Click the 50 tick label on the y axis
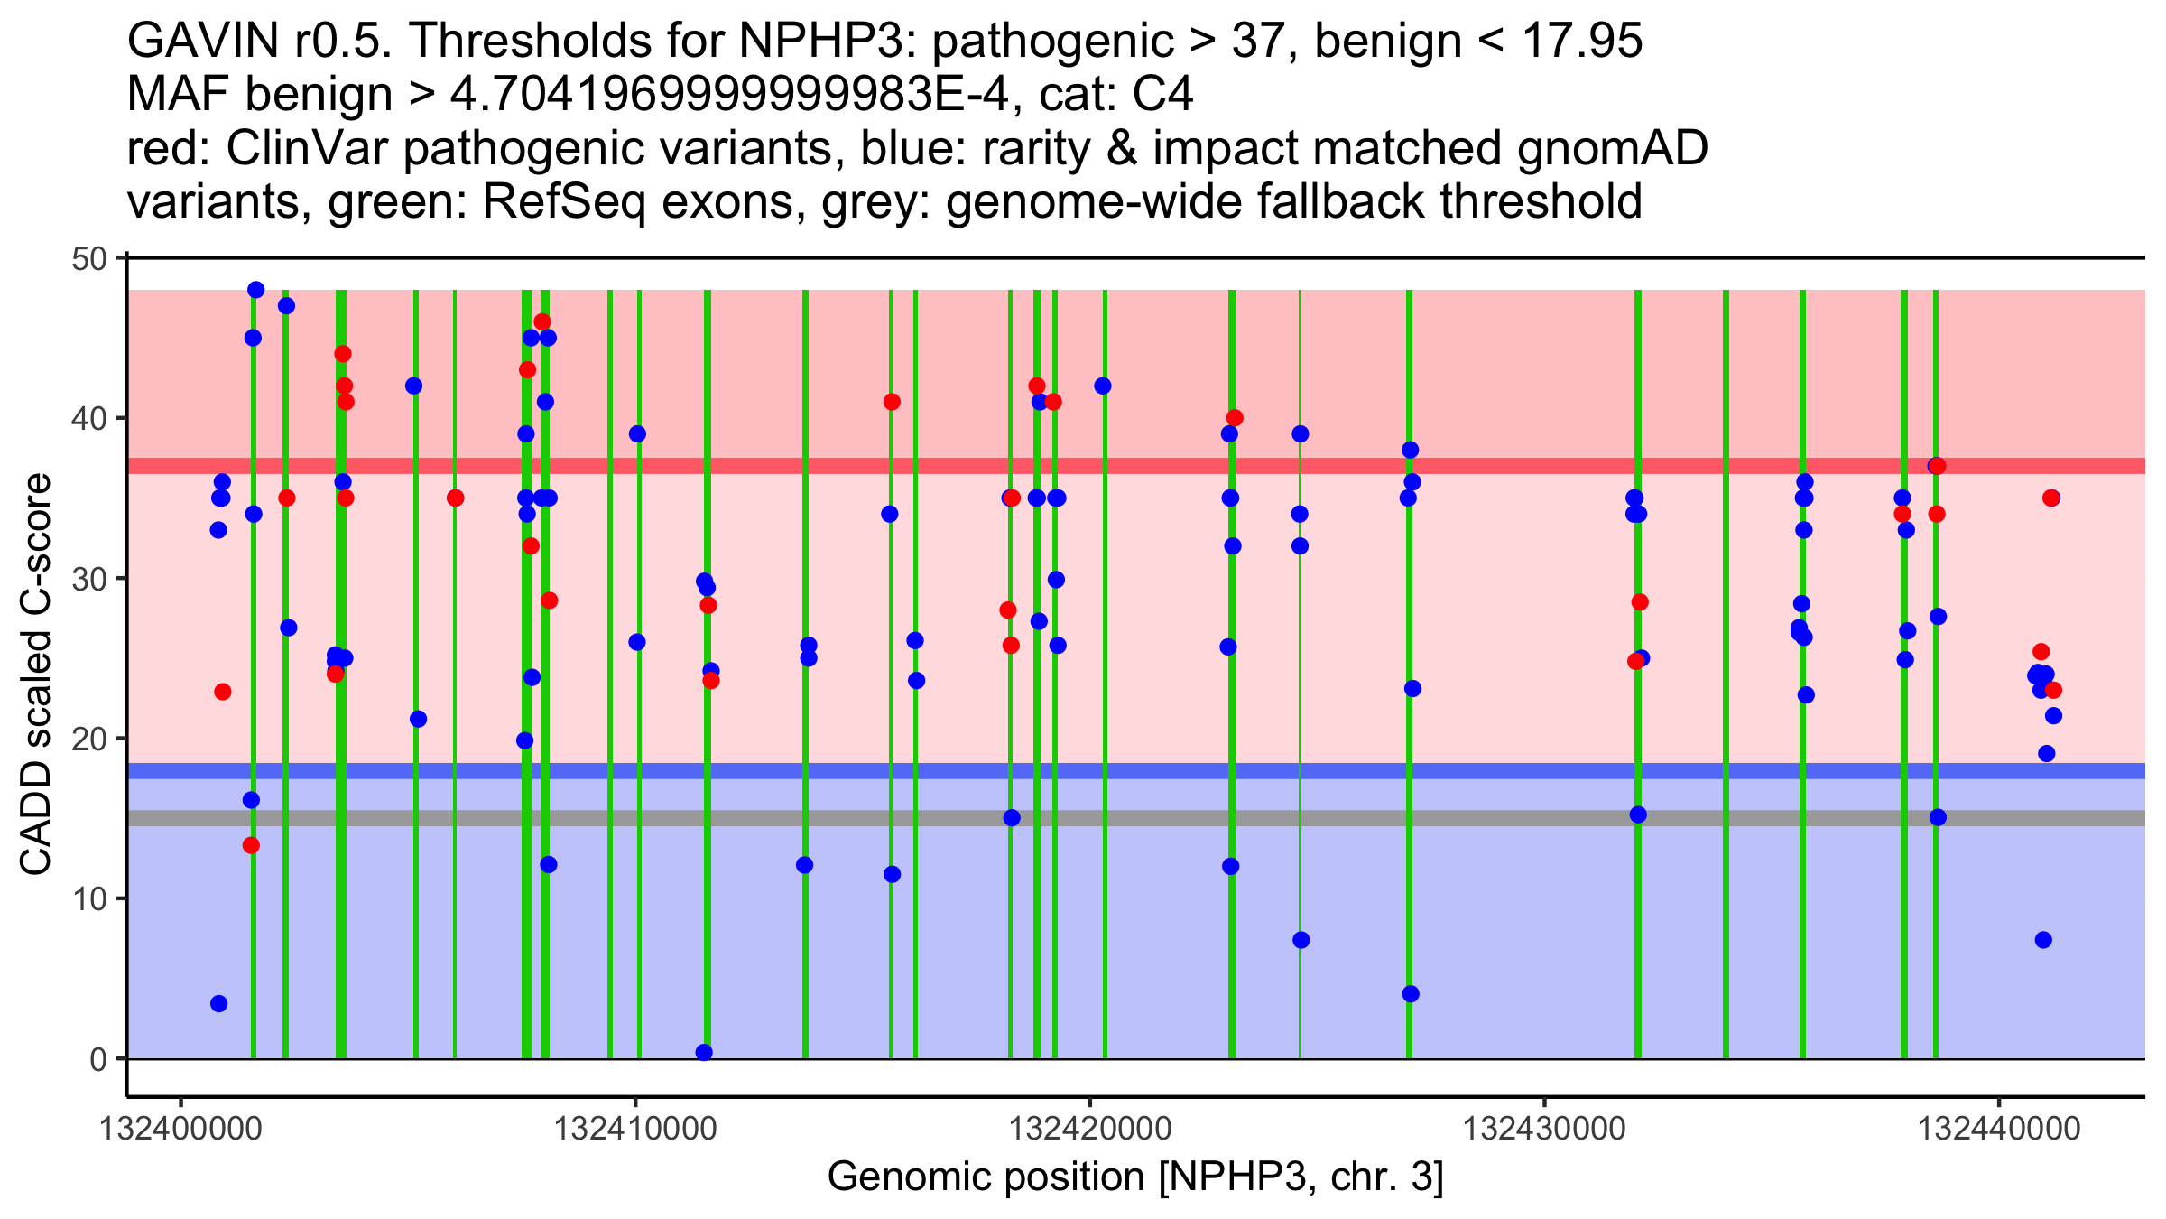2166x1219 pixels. coord(88,259)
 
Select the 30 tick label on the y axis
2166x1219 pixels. coord(88,579)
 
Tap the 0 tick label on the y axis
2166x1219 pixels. coord(98,1059)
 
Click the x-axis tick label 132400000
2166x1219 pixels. coord(181,1129)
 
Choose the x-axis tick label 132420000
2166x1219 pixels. coord(1090,1129)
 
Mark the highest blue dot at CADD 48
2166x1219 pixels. coord(256,290)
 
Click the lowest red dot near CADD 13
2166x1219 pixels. coord(251,845)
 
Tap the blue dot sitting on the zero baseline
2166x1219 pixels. coord(704,1052)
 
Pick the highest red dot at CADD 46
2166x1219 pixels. coord(541,322)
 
